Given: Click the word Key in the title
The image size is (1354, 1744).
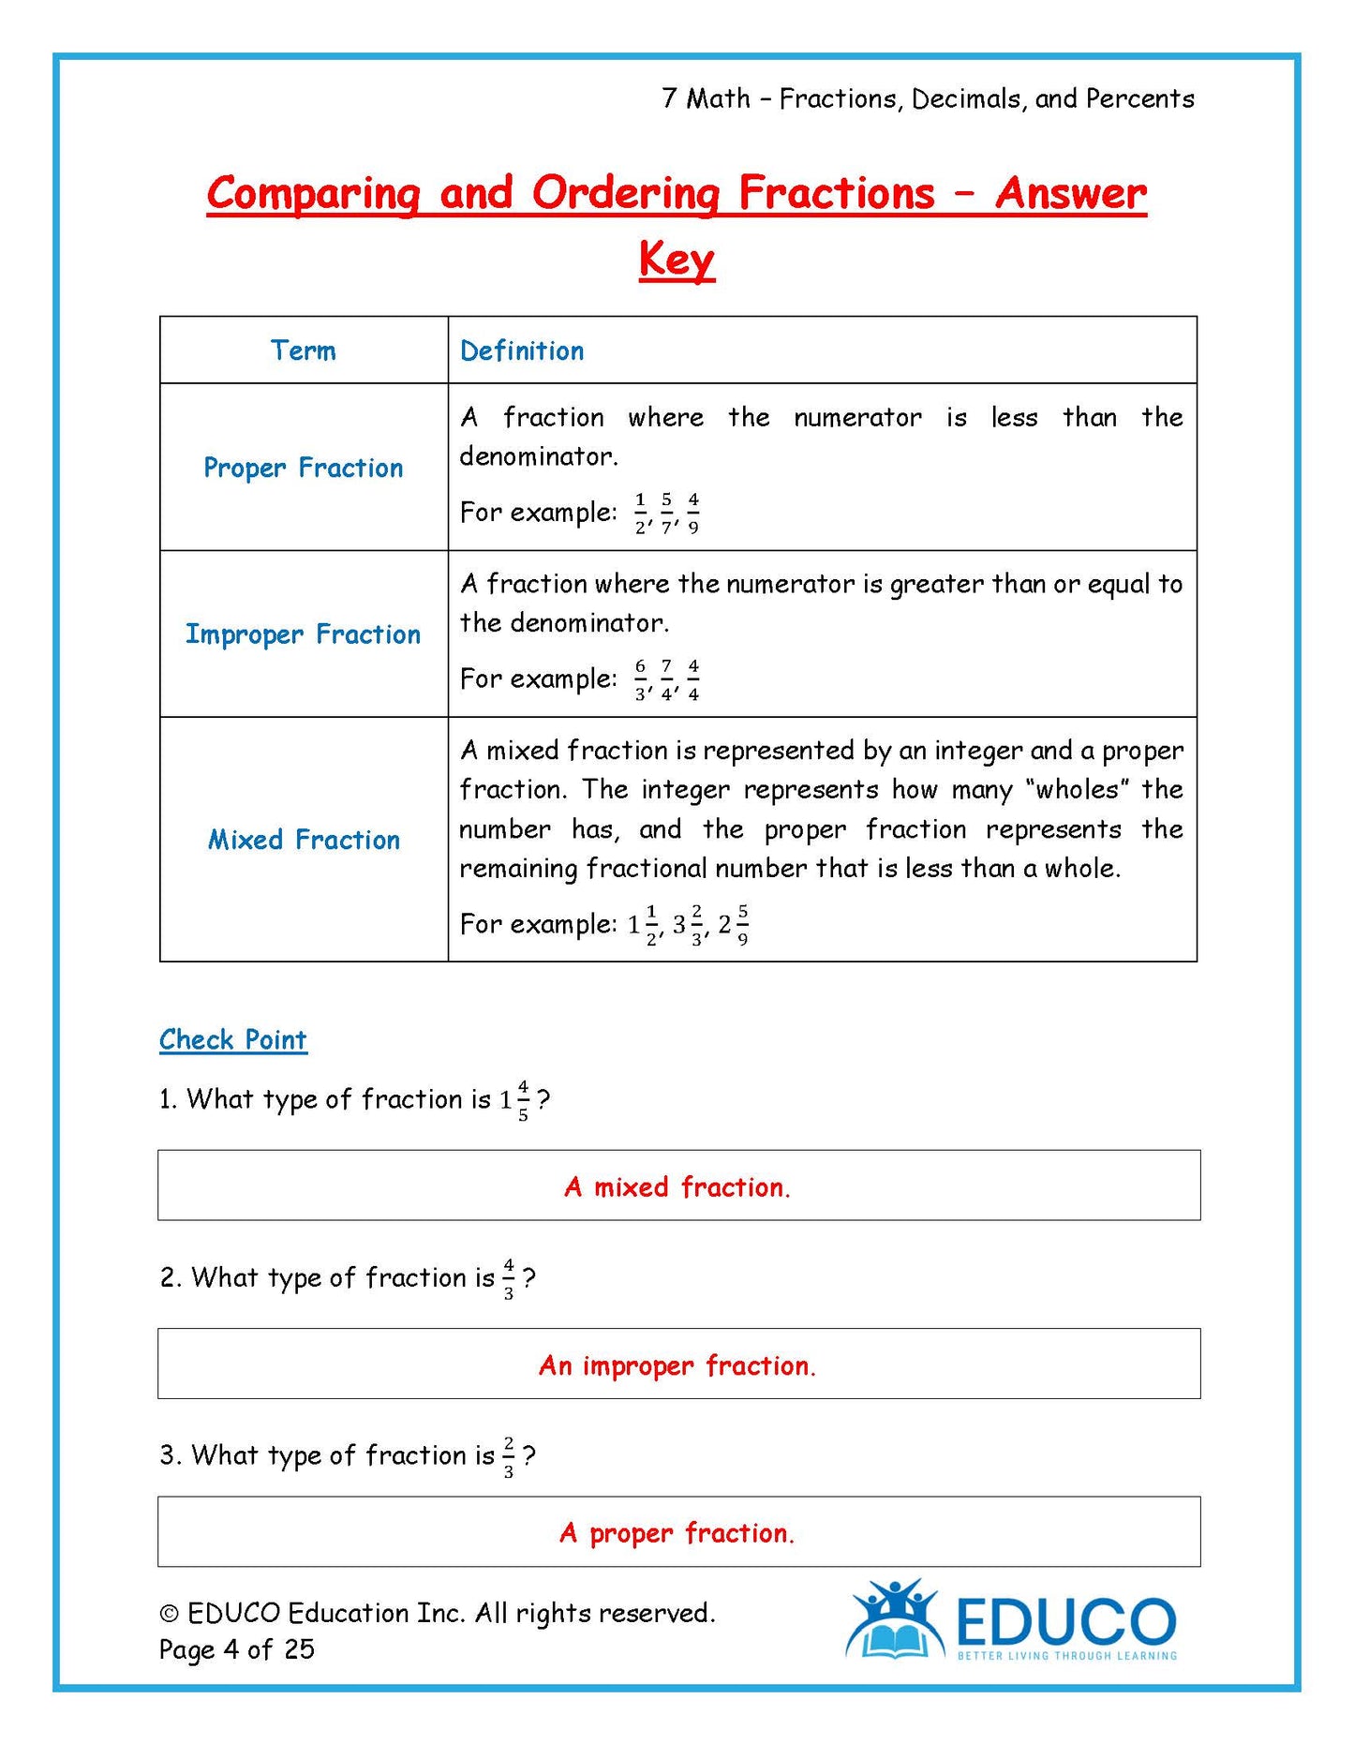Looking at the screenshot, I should pyautogui.click(x=677, y=259).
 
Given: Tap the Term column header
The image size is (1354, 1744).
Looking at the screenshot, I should pyautogui.click(x=303, y=350).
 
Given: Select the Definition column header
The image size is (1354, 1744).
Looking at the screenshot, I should pyautogui.click(x=522, y=350).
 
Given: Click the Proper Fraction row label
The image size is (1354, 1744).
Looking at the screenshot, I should pyautogui.click(x=303, y=468).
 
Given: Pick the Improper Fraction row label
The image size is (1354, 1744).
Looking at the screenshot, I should pyautogui.click(x=303, y=634).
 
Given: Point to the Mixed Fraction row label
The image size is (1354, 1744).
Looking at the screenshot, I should pyautogui.click(x=304, y=840).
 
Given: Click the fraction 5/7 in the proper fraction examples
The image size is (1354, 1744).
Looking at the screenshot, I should pyautogui.click(x=666, y=513).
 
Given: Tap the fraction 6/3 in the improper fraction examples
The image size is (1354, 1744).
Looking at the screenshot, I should pyautogui.click(x=640, y=679).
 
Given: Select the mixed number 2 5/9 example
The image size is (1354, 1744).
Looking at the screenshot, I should pyautogui.click(x=734, y=925).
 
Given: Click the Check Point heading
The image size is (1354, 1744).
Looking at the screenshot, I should pyautogui.click(x=233, y=1039).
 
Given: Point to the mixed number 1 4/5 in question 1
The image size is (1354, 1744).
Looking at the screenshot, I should pyautogui.click(x=514, y=1100).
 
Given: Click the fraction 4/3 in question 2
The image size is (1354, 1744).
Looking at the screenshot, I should pyautogui.click(x=509, y=1279).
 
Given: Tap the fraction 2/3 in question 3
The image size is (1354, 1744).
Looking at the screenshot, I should pyautogui.click(x=509, y=1457).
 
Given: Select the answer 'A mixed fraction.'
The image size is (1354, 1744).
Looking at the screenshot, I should pyautogui.click(x=677, y=1187).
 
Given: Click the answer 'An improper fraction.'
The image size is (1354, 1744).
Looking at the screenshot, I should pyautogui.click(x=677, y=1365).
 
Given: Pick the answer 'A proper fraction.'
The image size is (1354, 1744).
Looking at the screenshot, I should pyautogui.click(x=677, y=1533).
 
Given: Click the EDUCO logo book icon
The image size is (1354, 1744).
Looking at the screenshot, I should pyautogui.click(x=894, y=1632).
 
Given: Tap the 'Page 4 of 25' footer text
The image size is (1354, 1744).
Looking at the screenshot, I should pyautogui.click(x=237, y=1649).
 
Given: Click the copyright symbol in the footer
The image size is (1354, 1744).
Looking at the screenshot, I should pyautogui.click(x=170, y=1614).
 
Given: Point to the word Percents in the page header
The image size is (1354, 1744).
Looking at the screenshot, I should pyautogui.click(x=1139, y=98).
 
